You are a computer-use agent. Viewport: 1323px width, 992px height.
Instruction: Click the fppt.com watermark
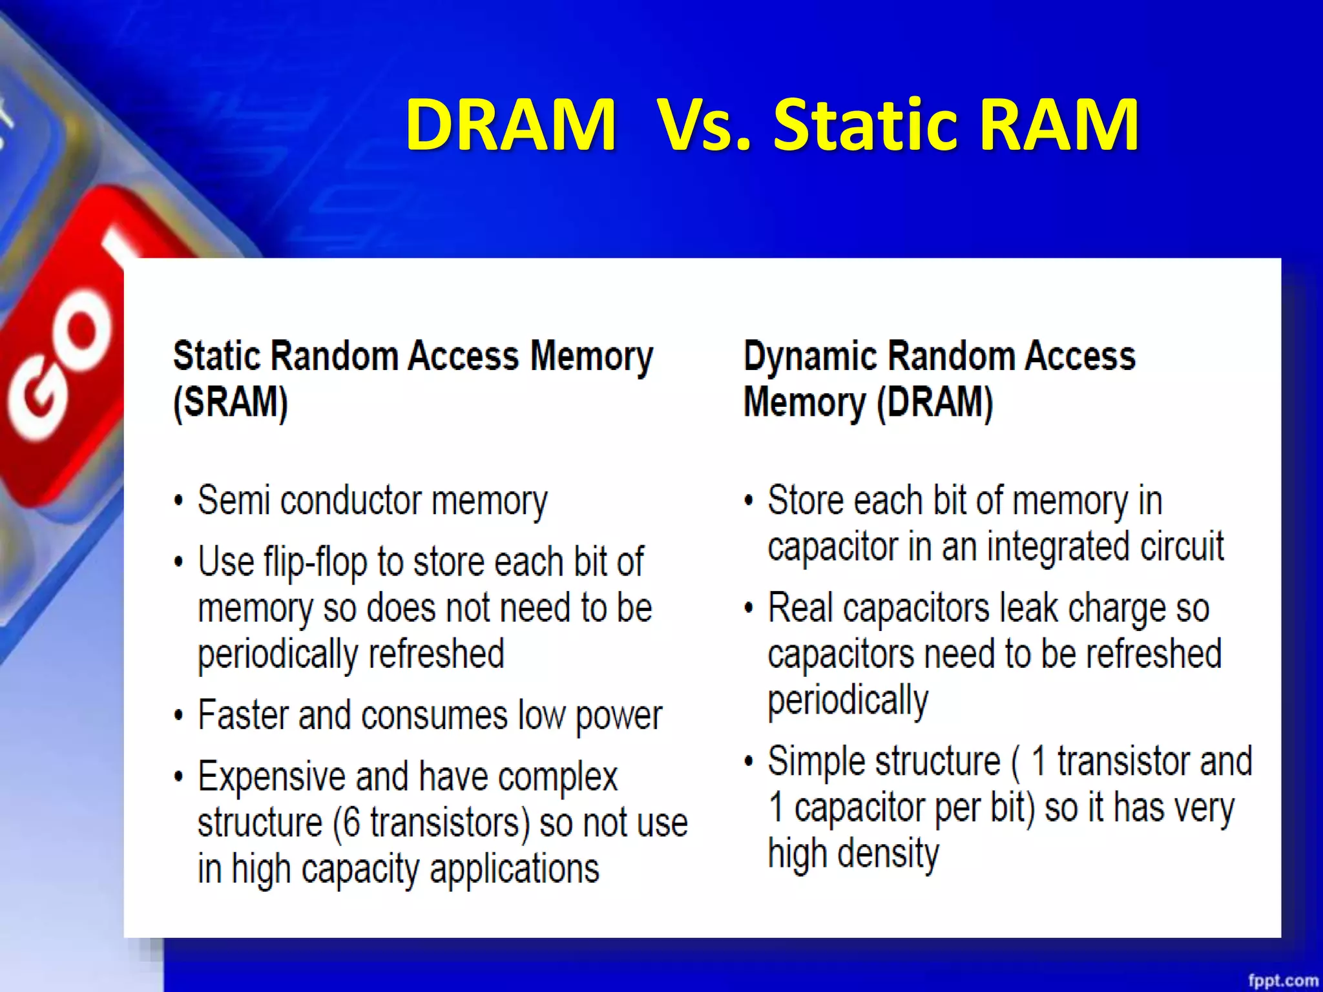click(x=1283, y=980)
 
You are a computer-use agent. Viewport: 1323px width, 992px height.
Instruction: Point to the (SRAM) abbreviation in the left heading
click(x=231, y=403)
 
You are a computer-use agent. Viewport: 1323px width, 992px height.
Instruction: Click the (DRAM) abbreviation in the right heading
click(x=935, y=403)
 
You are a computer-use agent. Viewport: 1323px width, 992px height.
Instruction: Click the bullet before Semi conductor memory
click(x=179, y=502)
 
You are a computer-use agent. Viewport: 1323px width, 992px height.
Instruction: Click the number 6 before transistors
click(x=351, y=823)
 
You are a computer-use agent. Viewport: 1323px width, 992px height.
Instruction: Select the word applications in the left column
click(x=514, y=869)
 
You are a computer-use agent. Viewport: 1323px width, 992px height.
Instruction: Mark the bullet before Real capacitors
click(x=749, y=609)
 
